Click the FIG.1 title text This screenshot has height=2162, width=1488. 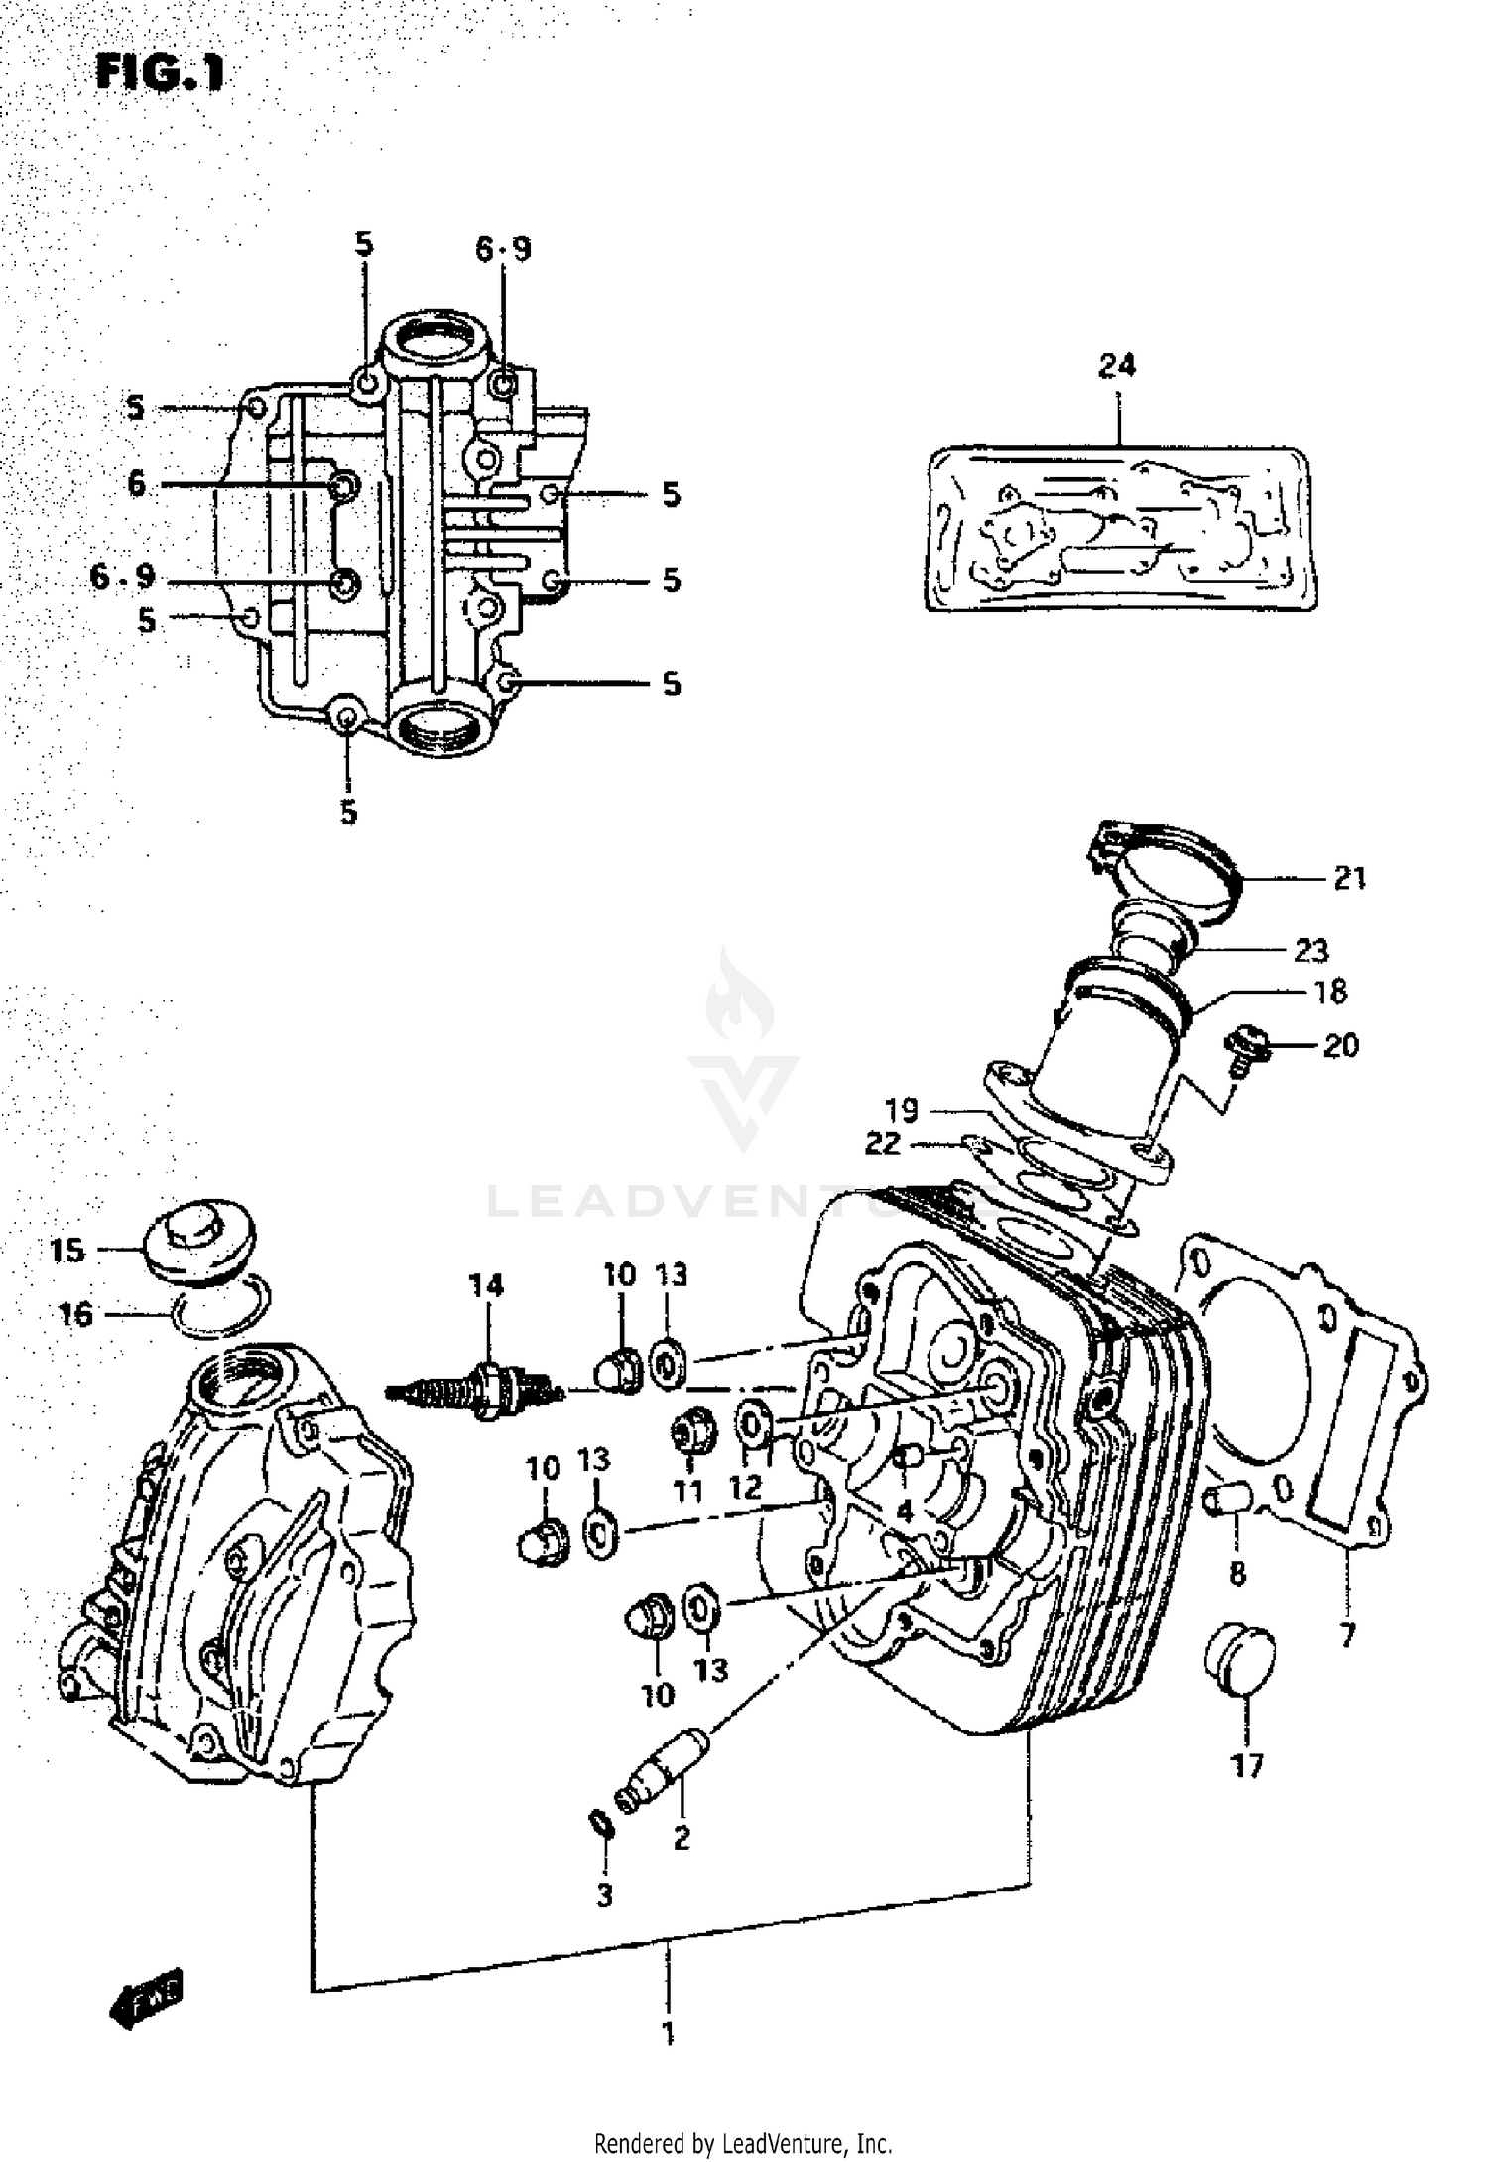[x=160, y=73]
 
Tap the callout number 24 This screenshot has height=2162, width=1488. [x=1116, y=365]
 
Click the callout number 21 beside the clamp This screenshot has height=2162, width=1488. [x=1349, y=878]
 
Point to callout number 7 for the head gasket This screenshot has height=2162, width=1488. [x=1346, y=1635]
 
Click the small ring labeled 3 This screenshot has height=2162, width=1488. [x=599, y=1822]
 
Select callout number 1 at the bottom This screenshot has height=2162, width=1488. [x=668, y=2034]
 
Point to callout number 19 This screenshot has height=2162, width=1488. [x=903, y=1110]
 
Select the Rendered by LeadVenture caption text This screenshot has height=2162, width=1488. [x=743, y=2143]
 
